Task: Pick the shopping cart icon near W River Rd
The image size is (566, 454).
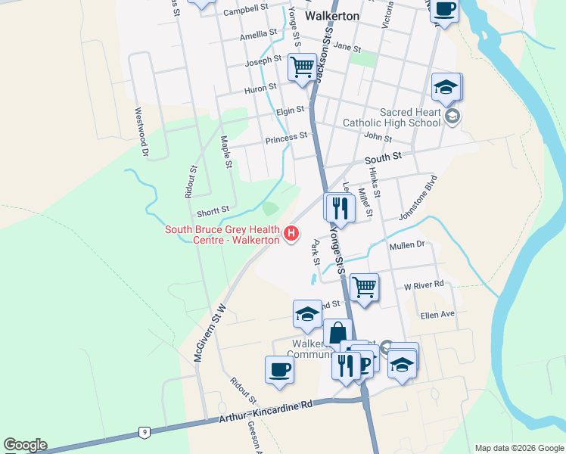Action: coord(364,287)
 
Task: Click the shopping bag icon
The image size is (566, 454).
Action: coord(337,332)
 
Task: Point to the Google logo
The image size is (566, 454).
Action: coord(25,445)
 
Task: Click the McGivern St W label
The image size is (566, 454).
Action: coord(210,331)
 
